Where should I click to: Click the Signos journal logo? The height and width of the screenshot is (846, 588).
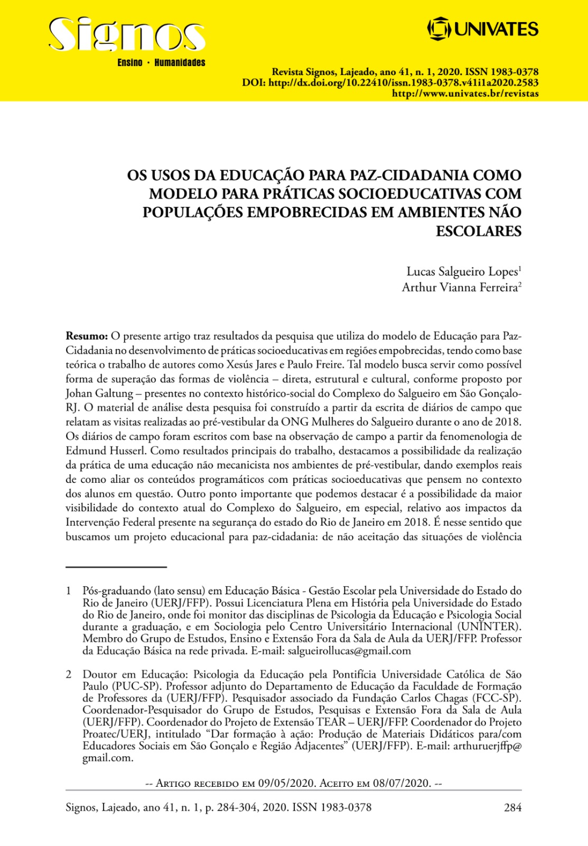point(126,36)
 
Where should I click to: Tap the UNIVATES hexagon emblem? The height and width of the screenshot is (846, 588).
point(438,29)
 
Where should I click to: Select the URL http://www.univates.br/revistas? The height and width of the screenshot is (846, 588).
point(465,94)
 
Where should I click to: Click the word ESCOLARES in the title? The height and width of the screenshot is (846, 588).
point(478,231)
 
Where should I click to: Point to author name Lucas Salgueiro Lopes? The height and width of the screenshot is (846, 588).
point(462,272)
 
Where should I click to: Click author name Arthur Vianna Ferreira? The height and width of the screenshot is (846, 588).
point(459,288)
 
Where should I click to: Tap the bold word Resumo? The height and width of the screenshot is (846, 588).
point(86,336)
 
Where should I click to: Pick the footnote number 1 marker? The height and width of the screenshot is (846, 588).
point(68,591)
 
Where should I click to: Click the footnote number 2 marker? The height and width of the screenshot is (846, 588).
point(68,674)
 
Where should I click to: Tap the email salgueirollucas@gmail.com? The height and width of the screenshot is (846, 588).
point(349,651)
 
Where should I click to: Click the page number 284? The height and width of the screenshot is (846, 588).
point(512,807)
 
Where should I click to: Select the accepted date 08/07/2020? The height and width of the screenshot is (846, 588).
point(402,783)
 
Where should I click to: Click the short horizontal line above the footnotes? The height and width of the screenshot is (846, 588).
point(116,567)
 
